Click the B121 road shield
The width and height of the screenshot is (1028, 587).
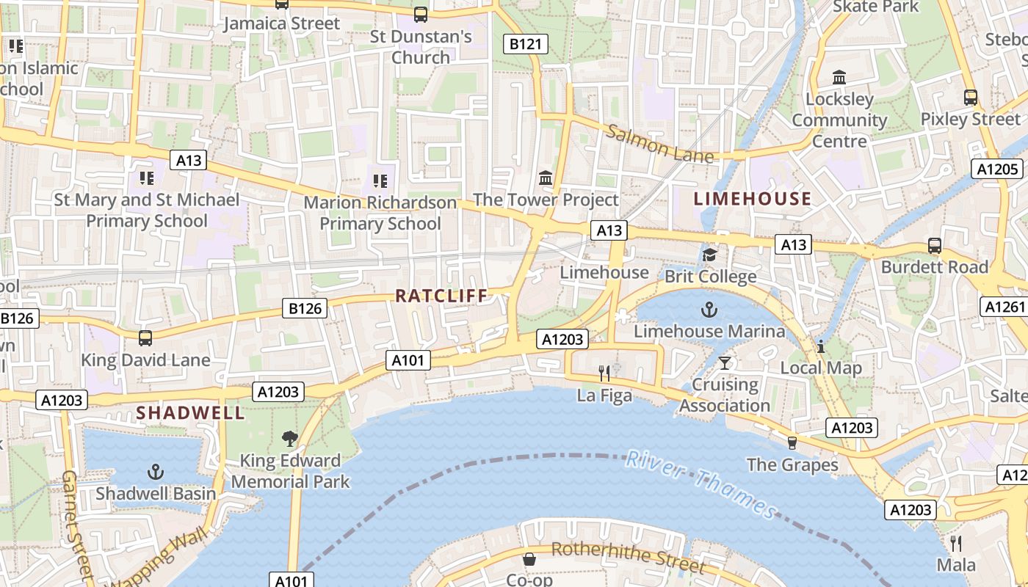525,44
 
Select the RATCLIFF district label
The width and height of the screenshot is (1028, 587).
441,296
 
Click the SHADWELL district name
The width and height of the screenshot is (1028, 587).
190,413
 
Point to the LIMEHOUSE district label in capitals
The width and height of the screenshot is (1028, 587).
753,199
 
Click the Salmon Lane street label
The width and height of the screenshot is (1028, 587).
659,144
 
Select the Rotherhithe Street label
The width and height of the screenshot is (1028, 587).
627,557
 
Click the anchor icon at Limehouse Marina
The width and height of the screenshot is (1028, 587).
709,310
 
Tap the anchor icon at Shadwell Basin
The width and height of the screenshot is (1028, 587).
156,472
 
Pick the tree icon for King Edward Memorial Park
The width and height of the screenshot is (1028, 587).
290,439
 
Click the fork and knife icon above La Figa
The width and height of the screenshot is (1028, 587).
604,373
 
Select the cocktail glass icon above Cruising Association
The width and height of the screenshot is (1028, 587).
725,362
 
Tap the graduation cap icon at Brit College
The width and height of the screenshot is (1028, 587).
709,255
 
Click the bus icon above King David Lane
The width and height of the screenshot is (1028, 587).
145,338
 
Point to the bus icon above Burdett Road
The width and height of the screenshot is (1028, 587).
935,246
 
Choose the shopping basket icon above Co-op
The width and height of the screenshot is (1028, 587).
529,560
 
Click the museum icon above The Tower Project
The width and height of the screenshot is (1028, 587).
546,178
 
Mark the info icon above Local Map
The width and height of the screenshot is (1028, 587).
821,346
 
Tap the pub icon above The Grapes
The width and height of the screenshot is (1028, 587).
792,442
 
